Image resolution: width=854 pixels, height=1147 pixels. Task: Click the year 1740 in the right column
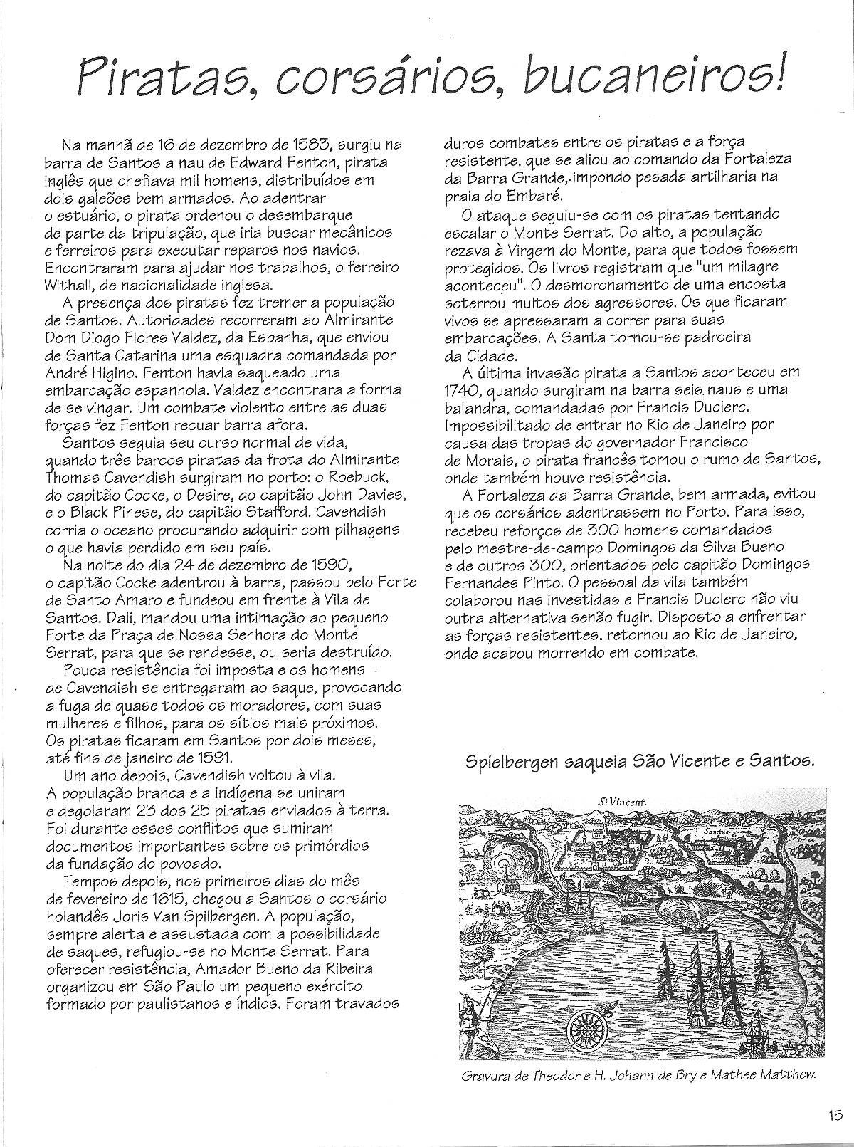pyautogui.click(x=459, y=389)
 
